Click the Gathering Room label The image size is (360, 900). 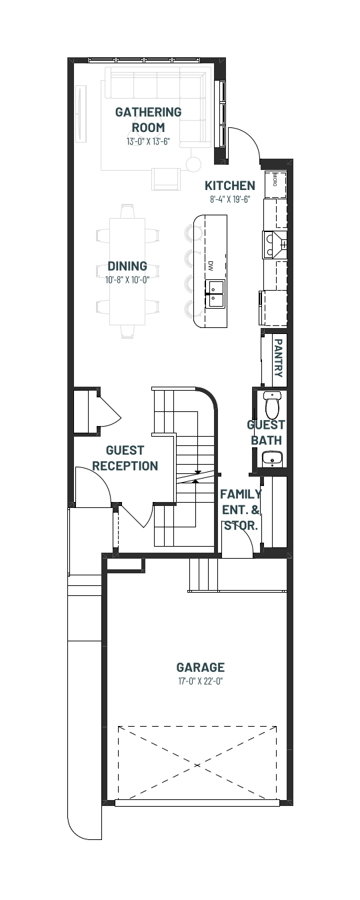[148, 119]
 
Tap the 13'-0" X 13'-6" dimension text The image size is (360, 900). [148, 141]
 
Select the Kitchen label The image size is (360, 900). [230, 185]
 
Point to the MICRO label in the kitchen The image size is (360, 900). [275, 179]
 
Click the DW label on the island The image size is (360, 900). [210, 265]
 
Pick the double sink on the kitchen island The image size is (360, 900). [215, 294]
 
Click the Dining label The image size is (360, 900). [127, 266]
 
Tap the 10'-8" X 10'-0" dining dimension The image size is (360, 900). [127, 279]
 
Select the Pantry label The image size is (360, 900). [278, 357]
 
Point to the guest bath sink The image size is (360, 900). [273, 459]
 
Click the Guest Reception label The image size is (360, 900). [125, 458]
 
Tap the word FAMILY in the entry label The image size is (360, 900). [241, 493]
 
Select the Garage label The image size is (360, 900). [201, 667]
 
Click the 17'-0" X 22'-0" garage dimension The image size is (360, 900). [201, 681]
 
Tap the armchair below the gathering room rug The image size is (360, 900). [165, 179]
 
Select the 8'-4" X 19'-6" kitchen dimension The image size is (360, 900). [230, 199]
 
